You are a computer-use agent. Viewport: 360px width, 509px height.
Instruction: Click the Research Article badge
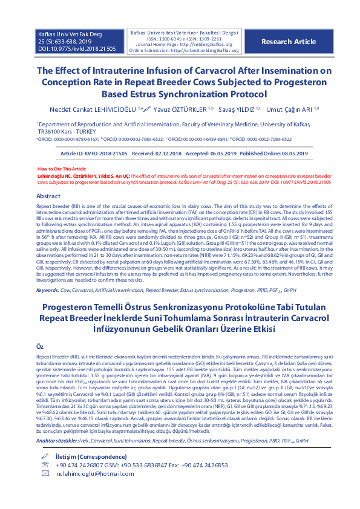click(x=289, y=42)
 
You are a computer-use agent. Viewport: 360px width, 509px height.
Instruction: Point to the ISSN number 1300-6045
click(x=171, y=38)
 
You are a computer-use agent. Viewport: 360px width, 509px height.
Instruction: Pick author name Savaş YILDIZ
click(x=237, y=109)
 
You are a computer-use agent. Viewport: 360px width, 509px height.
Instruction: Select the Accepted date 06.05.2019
click(x=211, y=154)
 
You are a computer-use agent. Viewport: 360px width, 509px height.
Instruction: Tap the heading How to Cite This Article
click(x=62, y=168)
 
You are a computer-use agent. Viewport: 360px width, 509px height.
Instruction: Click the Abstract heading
click(x=48, y=196)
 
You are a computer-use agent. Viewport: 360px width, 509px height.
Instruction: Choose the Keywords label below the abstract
click(x=48, y=290)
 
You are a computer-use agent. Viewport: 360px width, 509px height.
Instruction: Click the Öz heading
click(x=41, y=346)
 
